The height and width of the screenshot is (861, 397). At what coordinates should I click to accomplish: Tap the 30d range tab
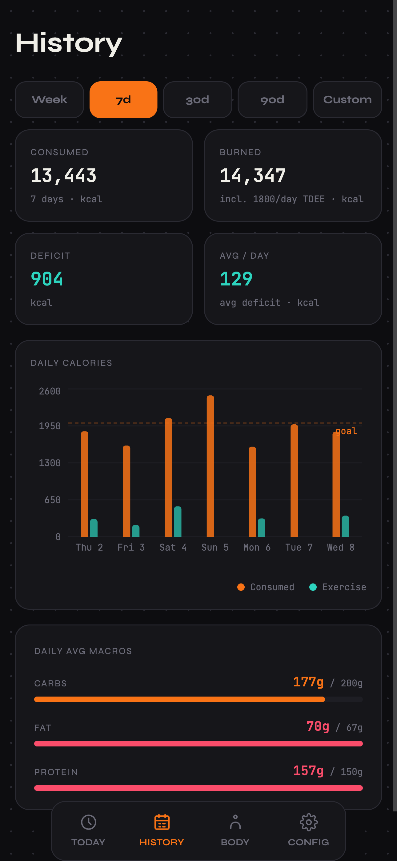198,99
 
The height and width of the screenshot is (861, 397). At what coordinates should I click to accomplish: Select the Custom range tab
347,99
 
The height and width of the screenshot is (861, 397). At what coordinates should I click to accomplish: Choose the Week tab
50,99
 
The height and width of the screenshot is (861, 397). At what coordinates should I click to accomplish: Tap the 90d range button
272,99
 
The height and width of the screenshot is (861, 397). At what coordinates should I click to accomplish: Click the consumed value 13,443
63,176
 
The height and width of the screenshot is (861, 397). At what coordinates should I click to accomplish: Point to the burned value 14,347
253,176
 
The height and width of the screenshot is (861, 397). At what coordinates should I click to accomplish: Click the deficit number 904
47,279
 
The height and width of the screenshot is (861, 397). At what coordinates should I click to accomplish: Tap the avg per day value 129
236,279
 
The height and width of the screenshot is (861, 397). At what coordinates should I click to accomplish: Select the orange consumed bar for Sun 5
210,466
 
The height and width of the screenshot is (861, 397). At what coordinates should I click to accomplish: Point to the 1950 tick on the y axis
50,426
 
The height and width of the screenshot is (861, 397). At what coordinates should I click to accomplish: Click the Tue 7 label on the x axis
299,548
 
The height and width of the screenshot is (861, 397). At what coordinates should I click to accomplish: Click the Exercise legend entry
338,587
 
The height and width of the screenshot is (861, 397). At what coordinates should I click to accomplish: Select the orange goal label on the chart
346,431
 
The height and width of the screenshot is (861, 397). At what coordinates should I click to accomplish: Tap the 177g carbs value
308,682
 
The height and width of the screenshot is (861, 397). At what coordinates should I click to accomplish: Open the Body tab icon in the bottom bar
235,822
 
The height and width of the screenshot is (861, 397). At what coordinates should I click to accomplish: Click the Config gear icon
308,822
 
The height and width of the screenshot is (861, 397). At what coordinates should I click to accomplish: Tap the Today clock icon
89,822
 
